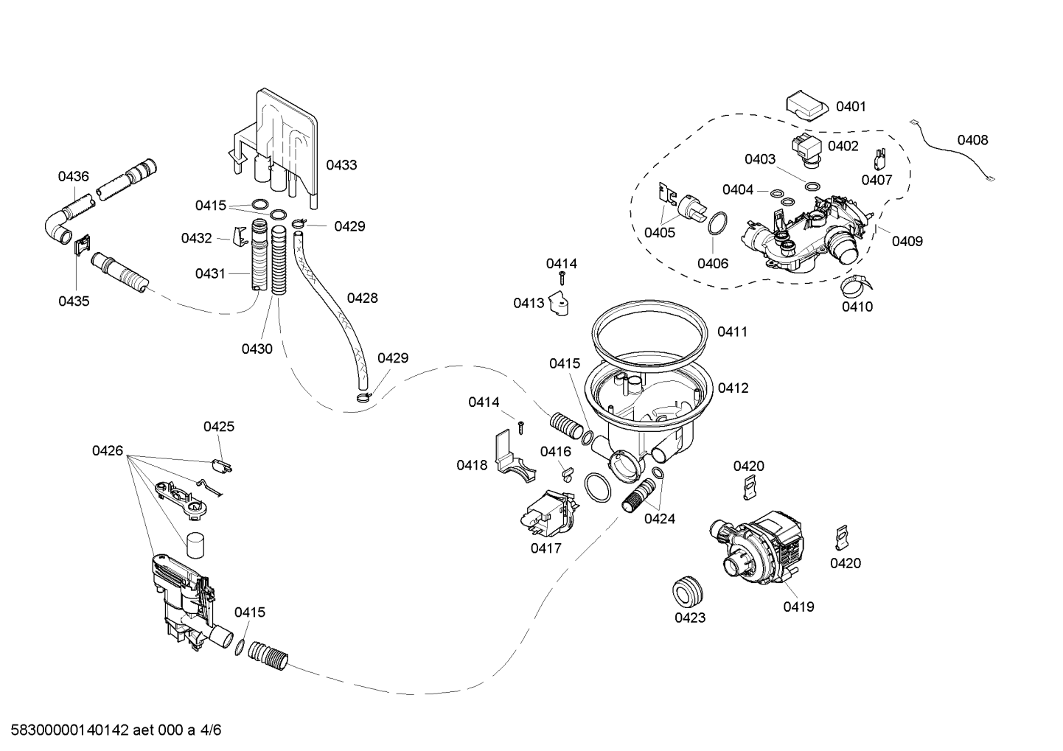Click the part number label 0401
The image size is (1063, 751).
851,107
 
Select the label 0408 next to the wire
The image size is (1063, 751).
972,140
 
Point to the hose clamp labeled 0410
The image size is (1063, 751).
857,285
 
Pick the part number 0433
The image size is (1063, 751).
341,165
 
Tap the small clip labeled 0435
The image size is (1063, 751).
83,245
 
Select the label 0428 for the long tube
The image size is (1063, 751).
363,298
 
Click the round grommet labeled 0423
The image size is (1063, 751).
687,590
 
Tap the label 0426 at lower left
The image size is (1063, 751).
108,451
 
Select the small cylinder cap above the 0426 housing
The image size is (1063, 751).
195,545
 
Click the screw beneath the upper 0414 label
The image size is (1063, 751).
562,278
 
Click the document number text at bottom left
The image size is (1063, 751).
116,730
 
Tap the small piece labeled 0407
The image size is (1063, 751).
879,159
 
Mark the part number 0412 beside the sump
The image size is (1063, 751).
733,388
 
